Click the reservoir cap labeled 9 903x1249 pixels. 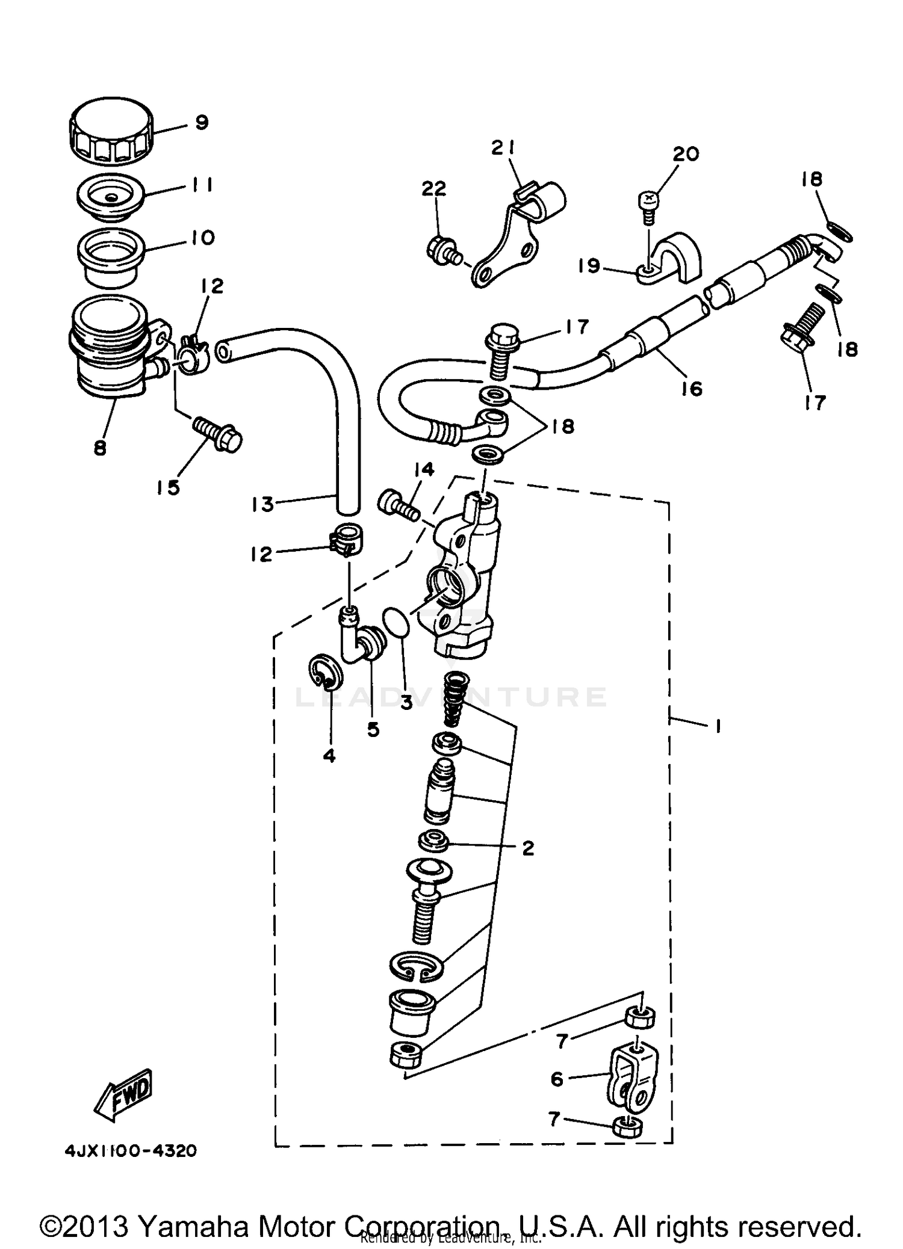pos(110,133)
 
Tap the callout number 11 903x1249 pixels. pos(203,185)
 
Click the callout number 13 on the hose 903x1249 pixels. pos(262,504)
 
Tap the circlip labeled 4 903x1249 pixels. pos(329,671)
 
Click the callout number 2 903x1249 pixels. pos(528,848)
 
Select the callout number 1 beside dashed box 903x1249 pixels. pos(718,727)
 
